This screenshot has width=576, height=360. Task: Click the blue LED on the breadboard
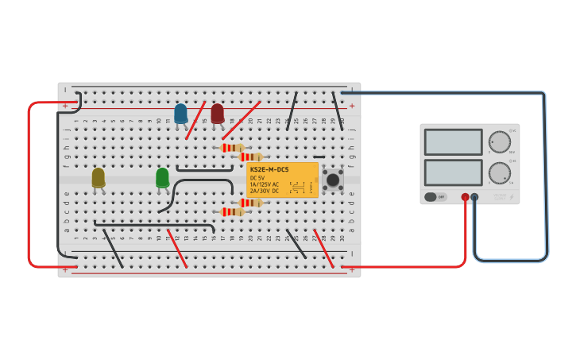click(x=181, y=114)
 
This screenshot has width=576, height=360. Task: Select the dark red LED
click(x=218, y=113)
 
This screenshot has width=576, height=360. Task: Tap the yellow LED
click(x=98, y=178)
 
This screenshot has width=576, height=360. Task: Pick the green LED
click(x=162, y=177)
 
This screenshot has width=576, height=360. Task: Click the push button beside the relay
click(x=332, y=180)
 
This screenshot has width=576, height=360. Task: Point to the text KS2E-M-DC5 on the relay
click(x=269, y=169)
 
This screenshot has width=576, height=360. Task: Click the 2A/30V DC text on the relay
click(x=265, y=191)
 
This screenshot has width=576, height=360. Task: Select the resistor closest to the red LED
click(x=231, y=148)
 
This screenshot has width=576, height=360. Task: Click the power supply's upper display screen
click(x=453, y=142)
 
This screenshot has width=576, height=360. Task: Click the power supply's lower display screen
click(x=453, y=172)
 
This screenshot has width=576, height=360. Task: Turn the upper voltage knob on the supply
click(x=500, y=142)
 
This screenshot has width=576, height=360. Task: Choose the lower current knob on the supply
click(x=500, y=172)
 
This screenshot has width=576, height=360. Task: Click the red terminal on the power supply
click(x=465, y=197)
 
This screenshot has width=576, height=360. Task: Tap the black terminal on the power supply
click(x=474, y=197)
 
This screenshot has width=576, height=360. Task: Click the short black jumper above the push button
click(x=319, y=157)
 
